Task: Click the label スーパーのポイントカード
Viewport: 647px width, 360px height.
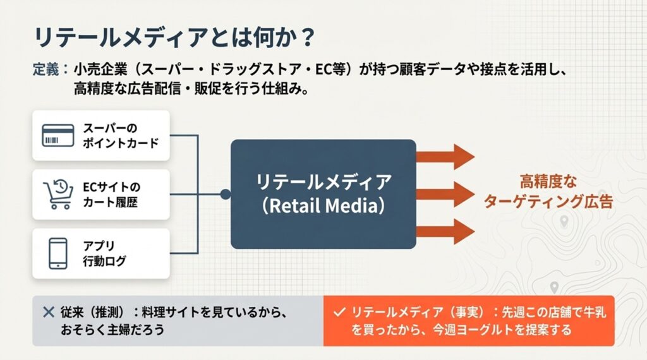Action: pyautogui.click(x=120, y=135)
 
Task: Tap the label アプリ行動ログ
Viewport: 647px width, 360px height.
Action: pyautogui.click(x=104, y=253)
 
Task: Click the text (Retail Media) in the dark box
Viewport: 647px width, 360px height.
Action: pyautogui.click(x=323, y=207)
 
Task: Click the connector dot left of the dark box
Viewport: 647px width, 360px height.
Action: pyautogui.click(x=224, y=194)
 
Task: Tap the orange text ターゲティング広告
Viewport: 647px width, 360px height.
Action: pyautogui.click(x=548, y=202)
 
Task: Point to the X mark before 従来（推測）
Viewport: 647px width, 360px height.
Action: pyautogui.click(x=48, y=311)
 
